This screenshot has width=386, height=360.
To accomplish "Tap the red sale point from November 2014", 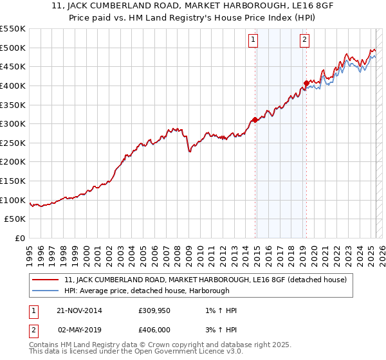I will tap(255, 120).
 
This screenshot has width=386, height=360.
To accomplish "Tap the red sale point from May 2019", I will tap(306, 83).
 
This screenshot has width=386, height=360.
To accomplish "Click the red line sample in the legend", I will tap(46, 280).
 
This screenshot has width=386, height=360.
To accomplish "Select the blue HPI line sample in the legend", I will tap(46, 291).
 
